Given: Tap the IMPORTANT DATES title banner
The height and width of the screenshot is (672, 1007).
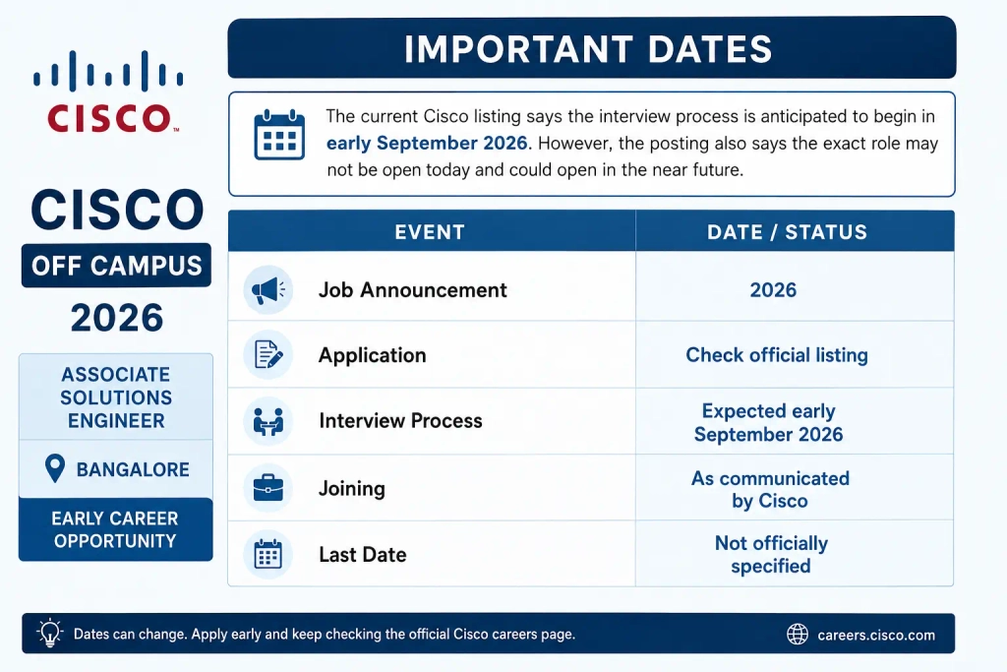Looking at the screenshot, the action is pyautogui.click(x=591, y=48).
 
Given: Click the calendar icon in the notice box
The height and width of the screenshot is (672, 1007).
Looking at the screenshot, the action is pyautogui.click(x=279, y=135).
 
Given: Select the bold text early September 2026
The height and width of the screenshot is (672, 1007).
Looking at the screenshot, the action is pyautogui.click(x=427, y=143).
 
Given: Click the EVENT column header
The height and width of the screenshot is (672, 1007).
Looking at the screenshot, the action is pyautogui.click(x=430, y=232).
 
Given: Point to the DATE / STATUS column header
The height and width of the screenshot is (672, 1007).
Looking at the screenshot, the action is pyautogui.click(x=787, y=232).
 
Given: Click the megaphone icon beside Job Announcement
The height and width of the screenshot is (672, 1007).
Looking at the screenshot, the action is pyautogui.click(x=268, y=289).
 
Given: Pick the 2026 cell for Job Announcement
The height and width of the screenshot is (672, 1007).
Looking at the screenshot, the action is pyautogui.click(x=773, y=289).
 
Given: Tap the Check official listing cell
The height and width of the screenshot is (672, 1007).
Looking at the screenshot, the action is pyautogui.click(x=777, y=354).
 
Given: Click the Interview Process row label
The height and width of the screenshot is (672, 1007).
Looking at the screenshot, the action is pyautogui.click(x=401, y=421).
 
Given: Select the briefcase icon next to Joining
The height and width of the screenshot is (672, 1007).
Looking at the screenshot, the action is pyautogui.click(x=268, y=488).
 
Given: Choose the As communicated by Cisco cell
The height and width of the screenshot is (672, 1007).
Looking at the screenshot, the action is pyautogui.click(x=770, y=490).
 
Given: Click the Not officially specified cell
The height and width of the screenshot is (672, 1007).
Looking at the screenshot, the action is pyautogui.click(x=771, y=555).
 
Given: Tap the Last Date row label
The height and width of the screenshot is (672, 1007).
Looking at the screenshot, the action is pyautogui.click(x=363, y=555).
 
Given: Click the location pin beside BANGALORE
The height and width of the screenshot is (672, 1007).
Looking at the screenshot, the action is pyautogui.click(x=55, y=468).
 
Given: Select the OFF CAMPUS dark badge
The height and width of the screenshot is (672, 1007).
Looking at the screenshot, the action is pyautogui.click(x=116, y=266).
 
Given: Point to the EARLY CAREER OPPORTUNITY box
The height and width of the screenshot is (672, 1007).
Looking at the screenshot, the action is pyautogui.click(x=116, y=529).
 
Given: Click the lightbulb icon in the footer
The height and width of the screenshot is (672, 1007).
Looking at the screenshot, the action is pyautogui.click(x=49, y=634).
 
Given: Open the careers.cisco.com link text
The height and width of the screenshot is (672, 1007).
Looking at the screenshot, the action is pyautogui.click(x=876, y=636).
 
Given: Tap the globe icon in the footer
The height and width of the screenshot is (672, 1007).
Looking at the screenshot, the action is pyautogui.click(x=798, y=634).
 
